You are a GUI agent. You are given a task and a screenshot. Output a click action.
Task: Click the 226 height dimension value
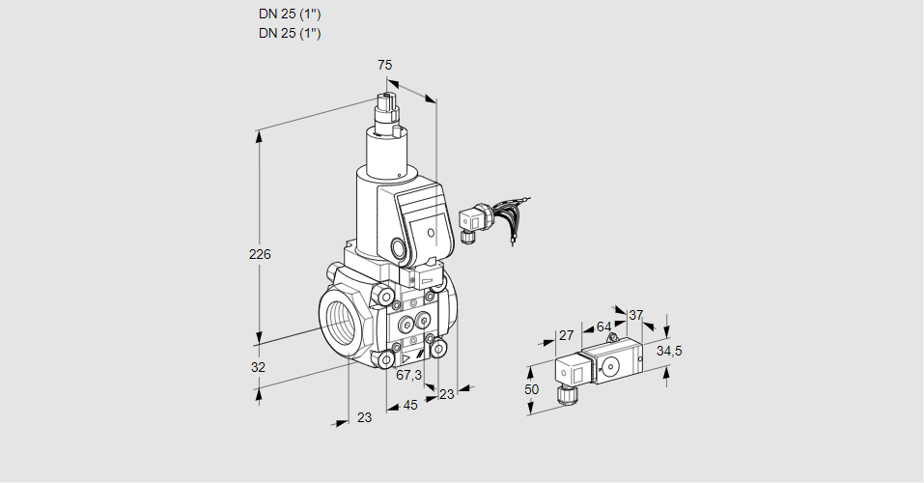coord(260,255)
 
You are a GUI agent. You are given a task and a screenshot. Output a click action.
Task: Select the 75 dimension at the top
coord(384,65)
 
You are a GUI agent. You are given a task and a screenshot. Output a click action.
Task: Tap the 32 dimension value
coord(258,367)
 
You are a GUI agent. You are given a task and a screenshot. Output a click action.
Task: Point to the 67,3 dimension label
coord(409,376)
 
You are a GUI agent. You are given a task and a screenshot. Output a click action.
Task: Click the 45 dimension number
coord(410,406)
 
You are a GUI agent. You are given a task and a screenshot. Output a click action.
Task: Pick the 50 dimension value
coord(530,388)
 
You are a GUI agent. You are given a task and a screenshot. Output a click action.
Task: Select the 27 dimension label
coord(567,335)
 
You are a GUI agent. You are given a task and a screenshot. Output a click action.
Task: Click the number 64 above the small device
coord(603,327)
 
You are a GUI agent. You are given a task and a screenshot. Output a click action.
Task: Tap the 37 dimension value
coord(635,315)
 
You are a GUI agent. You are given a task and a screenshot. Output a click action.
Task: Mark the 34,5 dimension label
coord(669,351)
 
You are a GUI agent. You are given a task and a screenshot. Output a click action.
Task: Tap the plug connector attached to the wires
coord(472,221)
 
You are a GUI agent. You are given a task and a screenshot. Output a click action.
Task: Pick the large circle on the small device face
coord(611,366)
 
